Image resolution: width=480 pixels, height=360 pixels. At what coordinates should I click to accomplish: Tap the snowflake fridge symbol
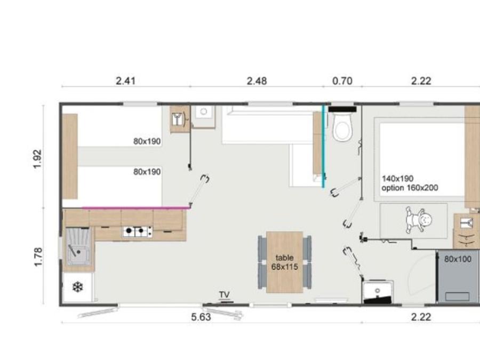pos(78,287)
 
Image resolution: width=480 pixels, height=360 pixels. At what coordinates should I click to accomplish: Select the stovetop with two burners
pos(138,232)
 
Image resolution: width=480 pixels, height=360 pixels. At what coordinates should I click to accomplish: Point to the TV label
pos(225,294)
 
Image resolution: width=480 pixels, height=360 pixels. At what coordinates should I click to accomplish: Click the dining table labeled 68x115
pos(284,262)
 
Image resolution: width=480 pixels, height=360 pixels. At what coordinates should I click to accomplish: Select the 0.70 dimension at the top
pos(342,81)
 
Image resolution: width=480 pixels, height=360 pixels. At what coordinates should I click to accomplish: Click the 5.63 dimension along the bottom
pos(201,317)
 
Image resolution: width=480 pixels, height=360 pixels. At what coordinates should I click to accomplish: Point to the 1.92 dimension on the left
pos(37,159)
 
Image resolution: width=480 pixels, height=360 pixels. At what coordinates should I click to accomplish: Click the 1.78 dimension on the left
pos(38,257)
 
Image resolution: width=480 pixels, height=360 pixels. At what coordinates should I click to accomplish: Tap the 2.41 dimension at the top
pos(125,81)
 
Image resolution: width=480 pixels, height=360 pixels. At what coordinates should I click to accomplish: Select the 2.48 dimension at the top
pos(257,81)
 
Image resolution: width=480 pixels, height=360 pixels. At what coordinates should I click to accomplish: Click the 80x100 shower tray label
pos(458,259)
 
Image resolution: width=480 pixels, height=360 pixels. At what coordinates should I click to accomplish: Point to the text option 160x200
pos(410,188)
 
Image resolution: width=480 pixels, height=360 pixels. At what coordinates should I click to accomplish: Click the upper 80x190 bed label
pos(147,141)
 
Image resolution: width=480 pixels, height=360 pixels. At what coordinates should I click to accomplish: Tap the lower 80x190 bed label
pos(147,172)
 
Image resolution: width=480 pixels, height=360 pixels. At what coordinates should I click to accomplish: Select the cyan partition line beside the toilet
pos(323,147)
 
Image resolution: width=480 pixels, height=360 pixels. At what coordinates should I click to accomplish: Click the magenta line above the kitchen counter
pos(136,208)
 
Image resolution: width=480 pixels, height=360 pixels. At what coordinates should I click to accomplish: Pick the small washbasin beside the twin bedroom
pos(204,117)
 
